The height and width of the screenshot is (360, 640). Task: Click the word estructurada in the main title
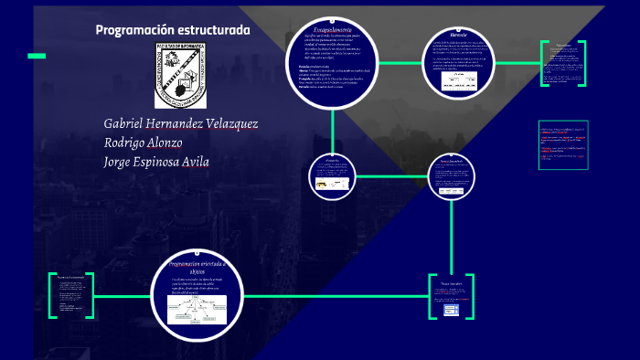click(x=213, y=30)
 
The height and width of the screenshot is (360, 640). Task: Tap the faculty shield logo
click(x=180, y=74)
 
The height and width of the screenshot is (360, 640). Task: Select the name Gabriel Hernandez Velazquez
click(x=181, y=123)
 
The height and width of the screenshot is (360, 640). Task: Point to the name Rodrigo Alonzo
click(x=144, y=143)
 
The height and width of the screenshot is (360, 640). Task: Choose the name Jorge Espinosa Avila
click(x=156, y=162)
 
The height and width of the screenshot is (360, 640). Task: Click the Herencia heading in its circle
click(x=459, y=36)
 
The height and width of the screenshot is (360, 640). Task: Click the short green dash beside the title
click(x=37, y=56)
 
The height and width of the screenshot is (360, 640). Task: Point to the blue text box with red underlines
click(x=561, y=144)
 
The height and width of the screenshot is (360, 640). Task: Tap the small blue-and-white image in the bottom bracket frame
click(x=451, y=311)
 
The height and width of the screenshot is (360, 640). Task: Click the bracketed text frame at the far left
click(x=70, y=294)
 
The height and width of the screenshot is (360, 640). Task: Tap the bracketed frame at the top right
click(x=562, y=64)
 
